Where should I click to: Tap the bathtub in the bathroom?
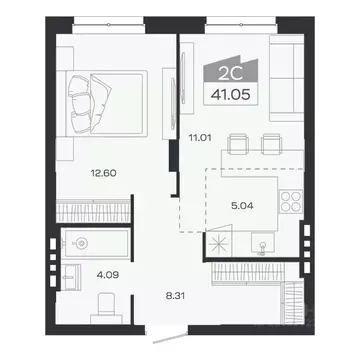100,241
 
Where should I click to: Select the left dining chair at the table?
235,145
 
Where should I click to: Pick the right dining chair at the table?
268,145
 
